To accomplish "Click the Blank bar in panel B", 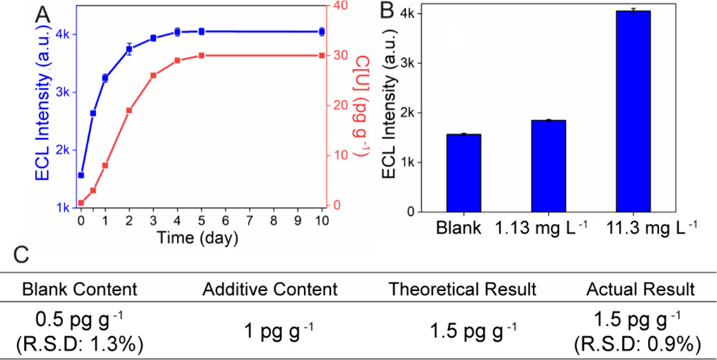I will (x=463, y=173).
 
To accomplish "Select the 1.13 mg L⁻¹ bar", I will (x=549, y=166).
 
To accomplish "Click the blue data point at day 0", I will (x=81, y=175).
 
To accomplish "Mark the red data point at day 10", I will (x=321, y=55).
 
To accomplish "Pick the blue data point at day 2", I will (x=129, y=48).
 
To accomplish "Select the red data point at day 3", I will (x=153, y=75).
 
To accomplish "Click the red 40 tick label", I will (x=340, y=6).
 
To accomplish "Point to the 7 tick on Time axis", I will (x=249, y=221).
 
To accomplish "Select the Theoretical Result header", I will (x=462, y=289).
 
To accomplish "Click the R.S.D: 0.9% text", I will (x=640, y=342).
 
